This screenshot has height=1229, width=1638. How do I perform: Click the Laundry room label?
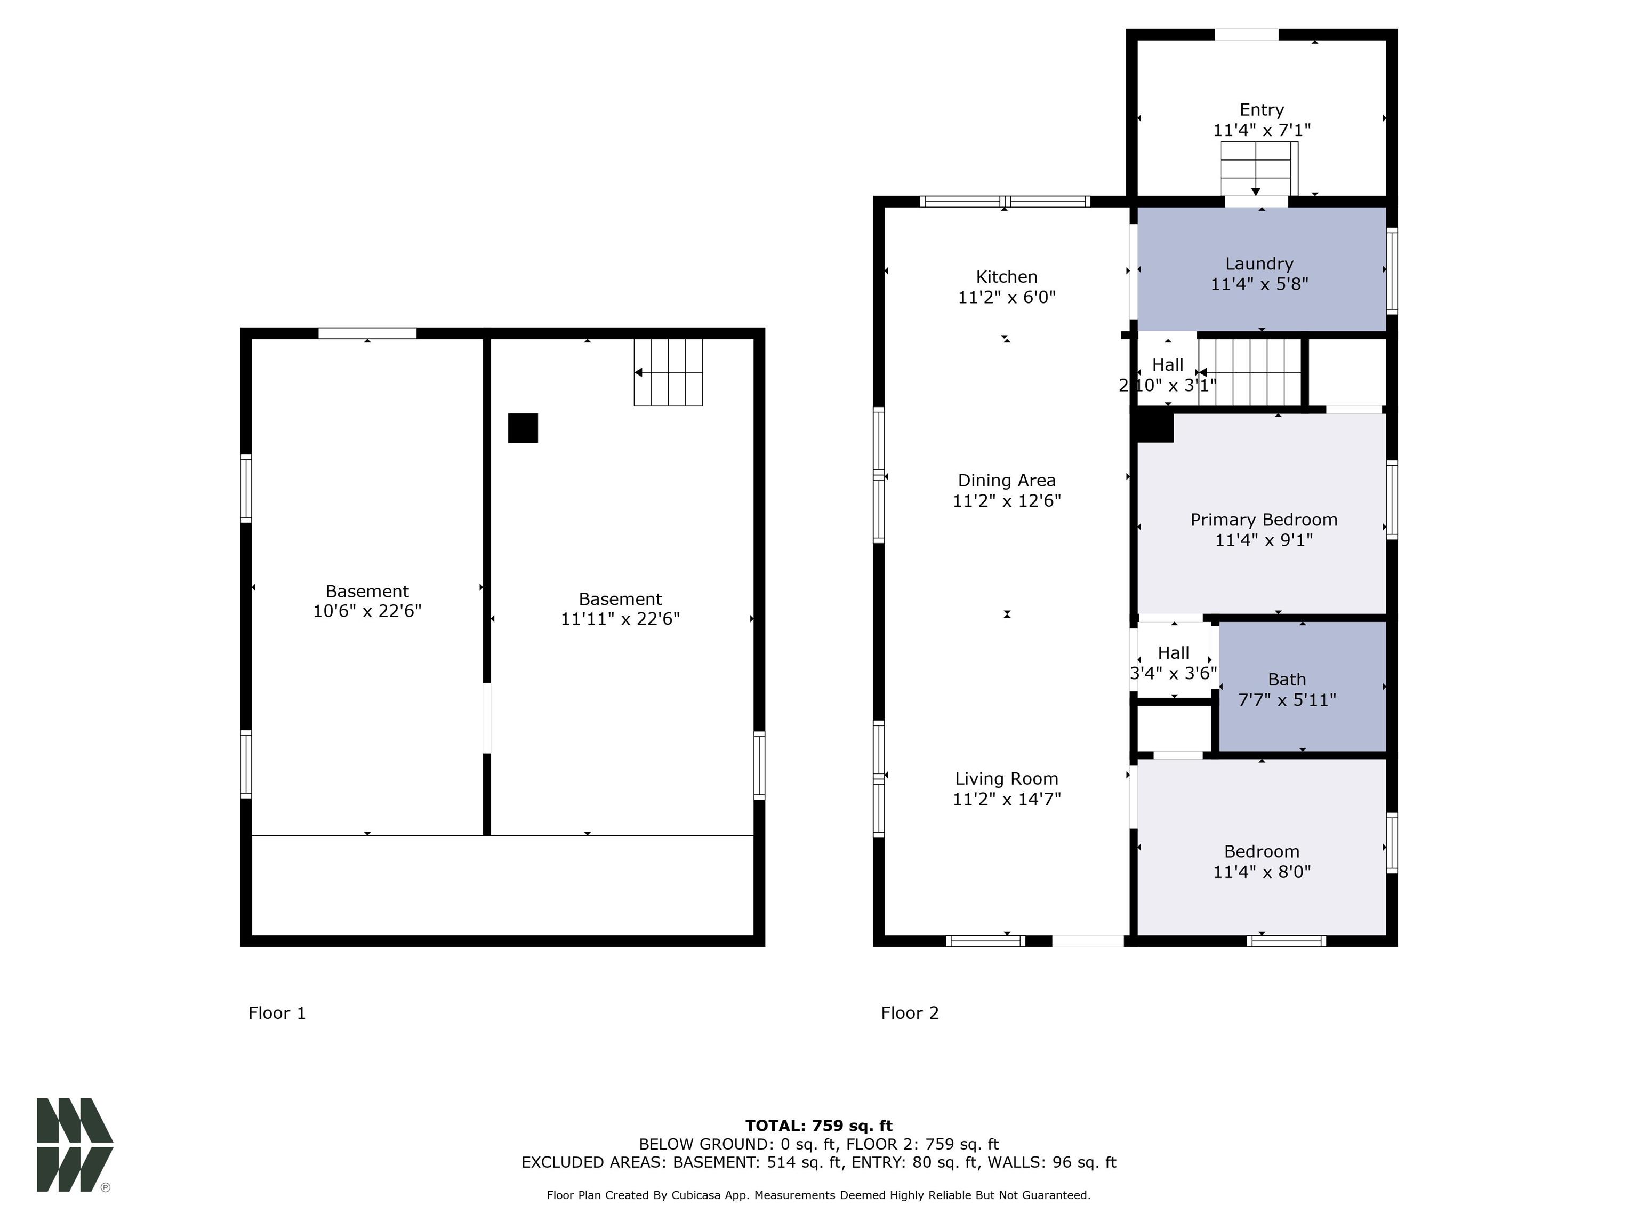click(1259, 264)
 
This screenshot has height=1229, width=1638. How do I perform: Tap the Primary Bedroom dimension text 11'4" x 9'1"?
click(1264, 540)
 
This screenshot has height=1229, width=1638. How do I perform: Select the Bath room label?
click(1287, 680)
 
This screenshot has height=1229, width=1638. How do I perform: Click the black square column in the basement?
click(523, 428)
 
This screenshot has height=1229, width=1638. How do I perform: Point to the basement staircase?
click(668, 373)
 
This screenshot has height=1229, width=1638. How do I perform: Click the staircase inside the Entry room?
click(1259, 169)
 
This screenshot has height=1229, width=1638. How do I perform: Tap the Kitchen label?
click(1006, 277)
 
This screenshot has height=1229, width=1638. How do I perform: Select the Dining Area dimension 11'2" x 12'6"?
click(1006, 501)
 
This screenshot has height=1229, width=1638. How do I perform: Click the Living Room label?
click(1006, 779)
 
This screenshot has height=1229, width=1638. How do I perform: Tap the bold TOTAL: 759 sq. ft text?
click(819, 1126)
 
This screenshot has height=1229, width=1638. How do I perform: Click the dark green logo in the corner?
click(75, 1145)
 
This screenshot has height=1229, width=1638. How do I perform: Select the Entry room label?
click(1262, 110)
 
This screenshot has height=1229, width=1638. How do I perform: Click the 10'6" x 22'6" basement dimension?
click(367, 611)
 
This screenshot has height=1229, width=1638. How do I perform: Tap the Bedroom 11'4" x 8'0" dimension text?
click(1262, 872)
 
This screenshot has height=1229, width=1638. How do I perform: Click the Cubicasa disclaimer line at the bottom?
click(819, 1195)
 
